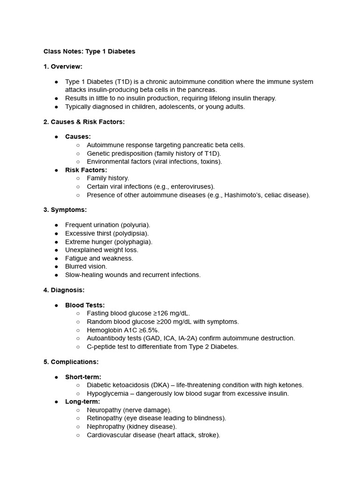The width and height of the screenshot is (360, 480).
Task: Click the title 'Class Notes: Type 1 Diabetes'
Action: [x=89, y=52]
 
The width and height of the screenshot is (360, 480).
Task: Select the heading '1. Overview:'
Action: [x=63, y=67]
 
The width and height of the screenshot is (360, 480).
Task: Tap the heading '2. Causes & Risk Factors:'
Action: [x=84, y=122]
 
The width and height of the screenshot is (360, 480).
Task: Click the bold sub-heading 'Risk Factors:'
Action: [x=86, y=170]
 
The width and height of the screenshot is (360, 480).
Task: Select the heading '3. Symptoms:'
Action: [x=65, y=210]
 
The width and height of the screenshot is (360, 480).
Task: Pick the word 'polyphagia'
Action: [x=135, y=242]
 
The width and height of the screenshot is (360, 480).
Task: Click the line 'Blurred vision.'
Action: [x=86, y=266]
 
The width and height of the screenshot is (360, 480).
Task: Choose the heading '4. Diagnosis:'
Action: [x=64, y=290]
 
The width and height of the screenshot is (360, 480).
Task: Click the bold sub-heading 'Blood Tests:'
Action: [x=85, y=305]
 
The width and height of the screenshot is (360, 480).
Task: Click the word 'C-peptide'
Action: [x=101, y=346]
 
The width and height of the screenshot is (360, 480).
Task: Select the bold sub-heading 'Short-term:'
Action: [x=83, y=377]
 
